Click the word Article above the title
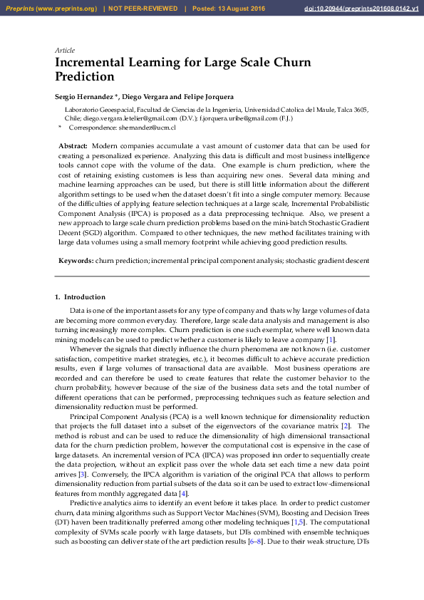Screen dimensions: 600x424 point(65,50)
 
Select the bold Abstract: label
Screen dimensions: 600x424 point(73,145)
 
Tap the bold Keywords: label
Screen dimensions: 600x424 point(76,262)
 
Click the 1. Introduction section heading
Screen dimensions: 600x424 point(80,296)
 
